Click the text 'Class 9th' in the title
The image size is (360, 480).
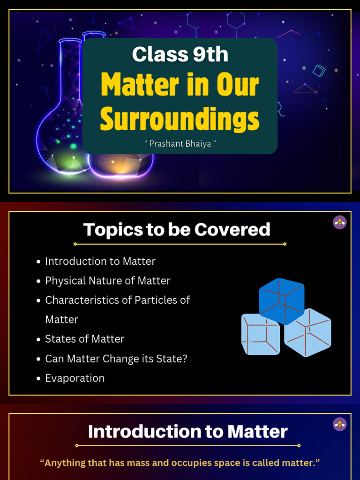point(180,55)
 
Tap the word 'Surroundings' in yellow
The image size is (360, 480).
point(180,119)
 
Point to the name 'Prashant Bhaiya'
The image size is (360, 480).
point(180,143)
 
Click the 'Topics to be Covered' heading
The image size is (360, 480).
point(177,230)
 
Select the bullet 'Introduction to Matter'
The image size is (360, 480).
point(100,261)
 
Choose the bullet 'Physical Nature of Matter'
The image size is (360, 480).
point(107,281)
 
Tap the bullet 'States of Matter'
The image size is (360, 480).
point(84,339)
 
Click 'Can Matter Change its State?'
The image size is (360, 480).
point(116,359)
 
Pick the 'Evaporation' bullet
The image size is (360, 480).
point(75,378)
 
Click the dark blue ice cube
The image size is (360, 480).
point(282,300)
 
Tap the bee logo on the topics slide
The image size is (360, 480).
point(339,222)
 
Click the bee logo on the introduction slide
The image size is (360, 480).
point(339,424)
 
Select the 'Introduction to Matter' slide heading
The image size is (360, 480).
point(188,432)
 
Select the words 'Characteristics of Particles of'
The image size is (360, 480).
point(117,300)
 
